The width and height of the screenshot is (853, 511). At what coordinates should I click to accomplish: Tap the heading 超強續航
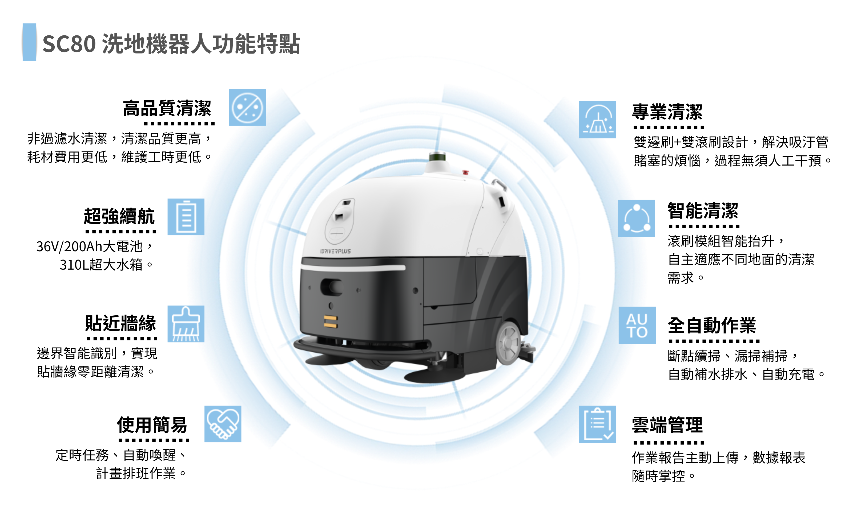[119, 216]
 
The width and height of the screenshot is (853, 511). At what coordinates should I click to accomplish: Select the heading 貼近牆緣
[121, 323]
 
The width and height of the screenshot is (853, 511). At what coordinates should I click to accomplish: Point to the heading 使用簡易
[152, 425]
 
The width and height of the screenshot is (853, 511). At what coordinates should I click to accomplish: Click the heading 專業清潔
[667, 112]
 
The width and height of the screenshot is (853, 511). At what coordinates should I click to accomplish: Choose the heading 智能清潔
[703, 211]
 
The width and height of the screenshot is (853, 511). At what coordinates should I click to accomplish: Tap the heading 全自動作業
[712, 325]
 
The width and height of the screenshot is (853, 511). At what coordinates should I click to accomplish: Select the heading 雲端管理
[667, 425]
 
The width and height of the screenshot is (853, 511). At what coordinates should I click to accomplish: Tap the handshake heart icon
[223, 424]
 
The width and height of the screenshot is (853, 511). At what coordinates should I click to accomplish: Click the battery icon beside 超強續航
[186, 217]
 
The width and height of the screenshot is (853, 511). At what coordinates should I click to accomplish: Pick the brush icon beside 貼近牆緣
[186, 324]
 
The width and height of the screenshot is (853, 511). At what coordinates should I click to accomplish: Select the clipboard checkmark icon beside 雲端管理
[598, 424]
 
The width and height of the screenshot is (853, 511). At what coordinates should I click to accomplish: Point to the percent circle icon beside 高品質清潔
[247, 108]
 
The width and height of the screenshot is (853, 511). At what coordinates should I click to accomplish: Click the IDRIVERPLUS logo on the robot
[336, 251]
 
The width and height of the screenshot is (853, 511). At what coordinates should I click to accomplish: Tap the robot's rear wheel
[509, 343]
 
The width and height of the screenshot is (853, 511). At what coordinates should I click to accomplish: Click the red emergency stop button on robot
[465, 172]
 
